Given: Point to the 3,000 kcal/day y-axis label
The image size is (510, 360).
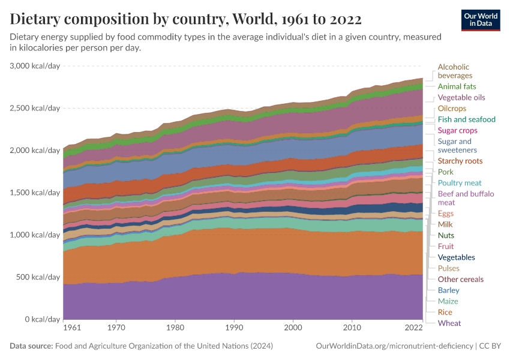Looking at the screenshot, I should [x=35, y=66].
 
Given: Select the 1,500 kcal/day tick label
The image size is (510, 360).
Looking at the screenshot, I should [x=35, y=193].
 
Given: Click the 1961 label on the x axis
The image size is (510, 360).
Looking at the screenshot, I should [x=71, y=328].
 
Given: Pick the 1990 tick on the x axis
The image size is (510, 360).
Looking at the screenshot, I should [x=234, y=328].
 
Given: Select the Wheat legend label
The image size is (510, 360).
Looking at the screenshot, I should [x=449, y=323].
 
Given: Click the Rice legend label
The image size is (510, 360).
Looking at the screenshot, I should [x=445, y=313].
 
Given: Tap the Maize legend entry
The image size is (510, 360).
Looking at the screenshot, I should [x=448, y=301].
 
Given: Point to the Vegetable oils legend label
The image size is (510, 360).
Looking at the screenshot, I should [x=461, y=97].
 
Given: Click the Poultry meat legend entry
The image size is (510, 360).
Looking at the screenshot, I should [x=460, y=183].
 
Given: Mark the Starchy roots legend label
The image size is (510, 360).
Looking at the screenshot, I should [x=460, y=161].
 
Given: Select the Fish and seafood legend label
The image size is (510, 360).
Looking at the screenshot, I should [x=466, y=119].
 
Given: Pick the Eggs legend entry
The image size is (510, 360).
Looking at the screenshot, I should [x=446, y=214].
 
